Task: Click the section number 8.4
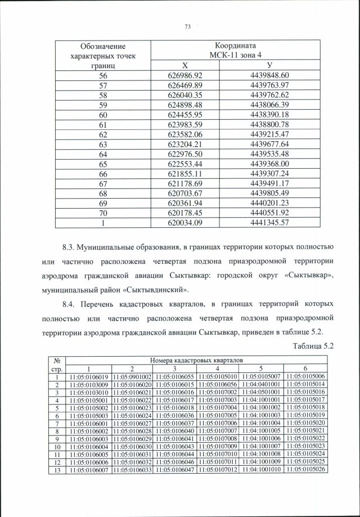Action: click(70, 305)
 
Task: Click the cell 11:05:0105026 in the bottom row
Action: click(305, 469)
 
